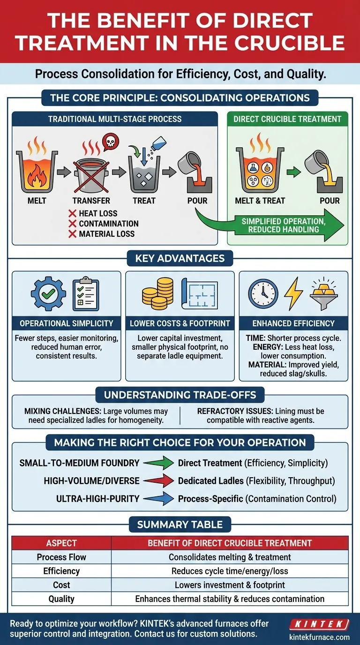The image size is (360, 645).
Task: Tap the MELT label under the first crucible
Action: pos(37,201)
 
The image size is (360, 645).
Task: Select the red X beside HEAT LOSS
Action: pos(72,213)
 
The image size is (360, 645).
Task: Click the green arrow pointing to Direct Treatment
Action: pos(158,463)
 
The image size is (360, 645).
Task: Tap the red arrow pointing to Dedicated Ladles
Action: pos(158,481)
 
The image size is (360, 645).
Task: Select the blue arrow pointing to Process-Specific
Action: pos(158,499)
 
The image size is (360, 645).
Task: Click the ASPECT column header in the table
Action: pos(61,543)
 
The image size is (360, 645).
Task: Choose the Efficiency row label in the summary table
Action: pos(61,571)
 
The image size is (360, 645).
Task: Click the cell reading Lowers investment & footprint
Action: pos(230,585)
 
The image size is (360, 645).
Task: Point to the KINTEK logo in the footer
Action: pos(319,624)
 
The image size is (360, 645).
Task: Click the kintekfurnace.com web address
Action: pos(320,637)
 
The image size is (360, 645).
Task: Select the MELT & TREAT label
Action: pos(260,201)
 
